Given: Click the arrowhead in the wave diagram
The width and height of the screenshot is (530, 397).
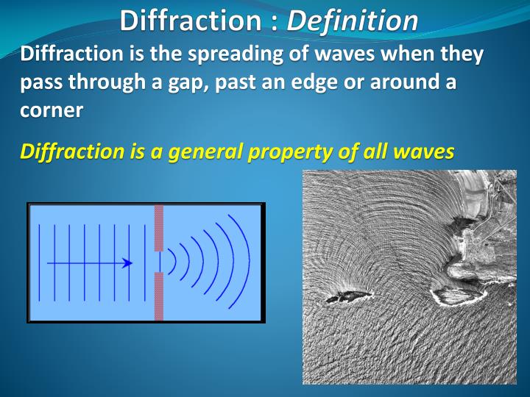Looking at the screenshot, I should [x=128, y=262].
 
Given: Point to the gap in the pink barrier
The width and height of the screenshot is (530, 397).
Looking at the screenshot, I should [x=158, y=262].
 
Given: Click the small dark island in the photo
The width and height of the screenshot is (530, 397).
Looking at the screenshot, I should [x=344, y=296].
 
